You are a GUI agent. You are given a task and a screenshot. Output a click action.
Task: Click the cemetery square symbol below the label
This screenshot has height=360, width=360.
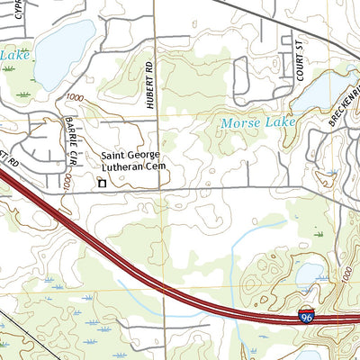click(x=102, y=184)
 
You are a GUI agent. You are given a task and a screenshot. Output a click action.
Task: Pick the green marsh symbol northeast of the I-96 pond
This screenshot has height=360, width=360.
click(x=317, y=234)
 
